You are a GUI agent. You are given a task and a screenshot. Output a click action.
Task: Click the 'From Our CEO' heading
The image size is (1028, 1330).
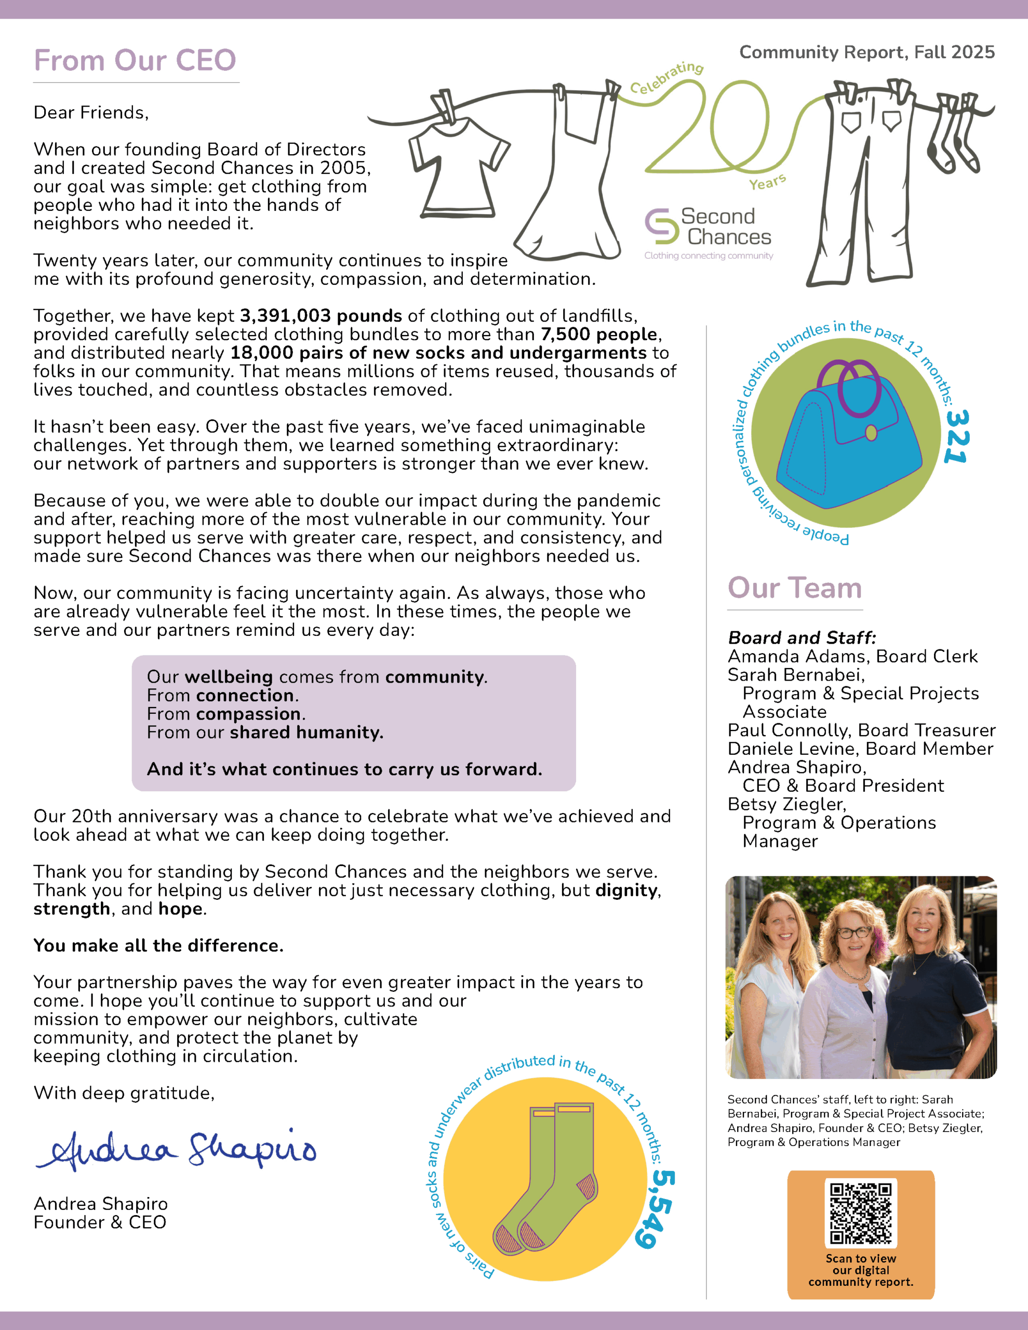[135, 60]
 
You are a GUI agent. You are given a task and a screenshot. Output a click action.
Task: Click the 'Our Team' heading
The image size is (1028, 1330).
[795, 588]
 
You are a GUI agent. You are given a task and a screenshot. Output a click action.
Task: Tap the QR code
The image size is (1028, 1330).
[861, 1213]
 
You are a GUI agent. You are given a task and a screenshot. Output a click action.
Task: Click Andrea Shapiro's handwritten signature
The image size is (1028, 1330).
[177, 1150]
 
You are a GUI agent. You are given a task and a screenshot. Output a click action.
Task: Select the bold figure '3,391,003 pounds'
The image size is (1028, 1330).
[321, 316]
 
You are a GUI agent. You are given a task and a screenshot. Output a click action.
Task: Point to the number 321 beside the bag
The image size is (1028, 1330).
[956, 436]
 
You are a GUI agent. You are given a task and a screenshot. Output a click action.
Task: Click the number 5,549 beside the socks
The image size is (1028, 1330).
[657, 1208]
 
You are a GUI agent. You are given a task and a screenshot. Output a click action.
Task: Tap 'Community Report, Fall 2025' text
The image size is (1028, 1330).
[866, 52]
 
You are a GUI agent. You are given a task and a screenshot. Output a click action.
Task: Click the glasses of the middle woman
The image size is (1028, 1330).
[854, 933]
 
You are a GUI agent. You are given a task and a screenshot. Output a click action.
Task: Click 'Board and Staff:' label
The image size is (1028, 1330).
[802, 637]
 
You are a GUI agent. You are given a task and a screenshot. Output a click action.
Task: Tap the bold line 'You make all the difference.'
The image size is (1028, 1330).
[158, 946]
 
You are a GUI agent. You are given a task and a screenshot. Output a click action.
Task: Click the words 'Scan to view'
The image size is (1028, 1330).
[861, 1258]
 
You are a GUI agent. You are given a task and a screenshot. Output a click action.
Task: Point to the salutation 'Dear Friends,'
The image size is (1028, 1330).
[91, 113]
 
